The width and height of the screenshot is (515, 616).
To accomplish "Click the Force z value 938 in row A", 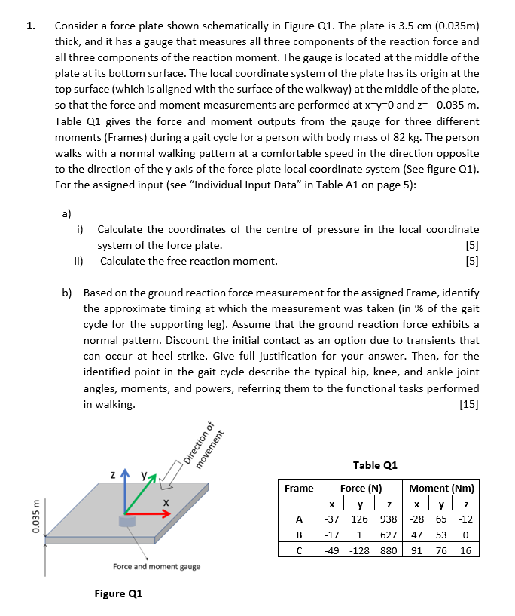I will pos(389,519).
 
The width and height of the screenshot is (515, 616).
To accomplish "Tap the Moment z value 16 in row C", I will pos(466,550).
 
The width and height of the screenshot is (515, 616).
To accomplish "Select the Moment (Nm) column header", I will pos(442,488).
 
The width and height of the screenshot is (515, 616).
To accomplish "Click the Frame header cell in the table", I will pos(299,488).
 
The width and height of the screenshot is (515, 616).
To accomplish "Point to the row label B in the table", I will pos(299,534).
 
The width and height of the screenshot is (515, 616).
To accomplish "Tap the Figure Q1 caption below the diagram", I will pos(118,593).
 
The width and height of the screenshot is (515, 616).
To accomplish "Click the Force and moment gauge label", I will pos(156,567).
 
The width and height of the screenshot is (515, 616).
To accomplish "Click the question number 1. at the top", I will pos(30,26).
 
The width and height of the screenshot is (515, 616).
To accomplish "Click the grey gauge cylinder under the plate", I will pos(126,522).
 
